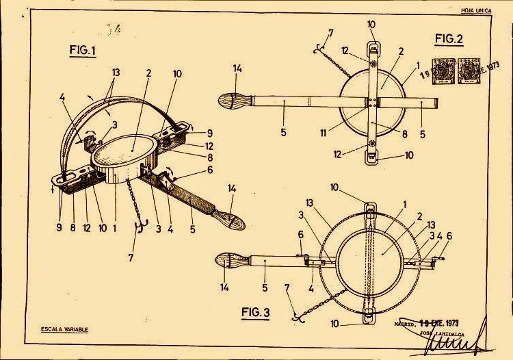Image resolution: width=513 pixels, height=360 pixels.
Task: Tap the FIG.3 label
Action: tap(256, 313)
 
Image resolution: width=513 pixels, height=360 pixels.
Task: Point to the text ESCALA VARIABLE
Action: tap(65, 330)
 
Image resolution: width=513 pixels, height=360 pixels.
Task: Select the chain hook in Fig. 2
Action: tap(317, 52)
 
